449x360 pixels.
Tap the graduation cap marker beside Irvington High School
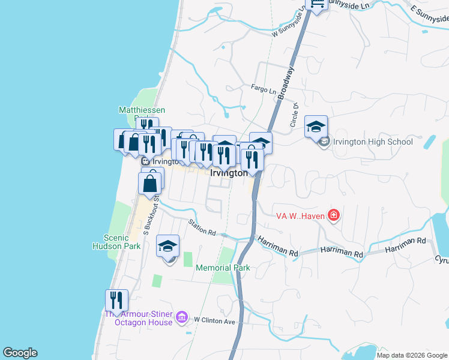pyautogui.click(x=316, y=127)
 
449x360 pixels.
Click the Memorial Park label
pyautogui.click(x=222, y=268)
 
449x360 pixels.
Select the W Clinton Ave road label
pyautogui.click(x=214, y=321)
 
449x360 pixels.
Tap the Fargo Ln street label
pyautogui.click(x=264, y=89)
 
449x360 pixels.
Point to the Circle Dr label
pyautogui.click(x=295, y=114)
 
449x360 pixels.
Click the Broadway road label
pyautogui.click(x=288, y=79)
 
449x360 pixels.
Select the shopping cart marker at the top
pyautogui.click(x=316, y=4)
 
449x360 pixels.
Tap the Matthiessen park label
pyautogui.click(x=142, y=110)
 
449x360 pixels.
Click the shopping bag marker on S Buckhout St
pyautogui.click(x=150, y=183)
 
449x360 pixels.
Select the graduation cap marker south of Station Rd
pyautogui.click(x=168, y=247)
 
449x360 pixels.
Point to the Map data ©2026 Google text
pyautogui.click(x=411, y=355)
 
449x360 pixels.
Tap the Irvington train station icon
pyautogui.click(x=145, y=161)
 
